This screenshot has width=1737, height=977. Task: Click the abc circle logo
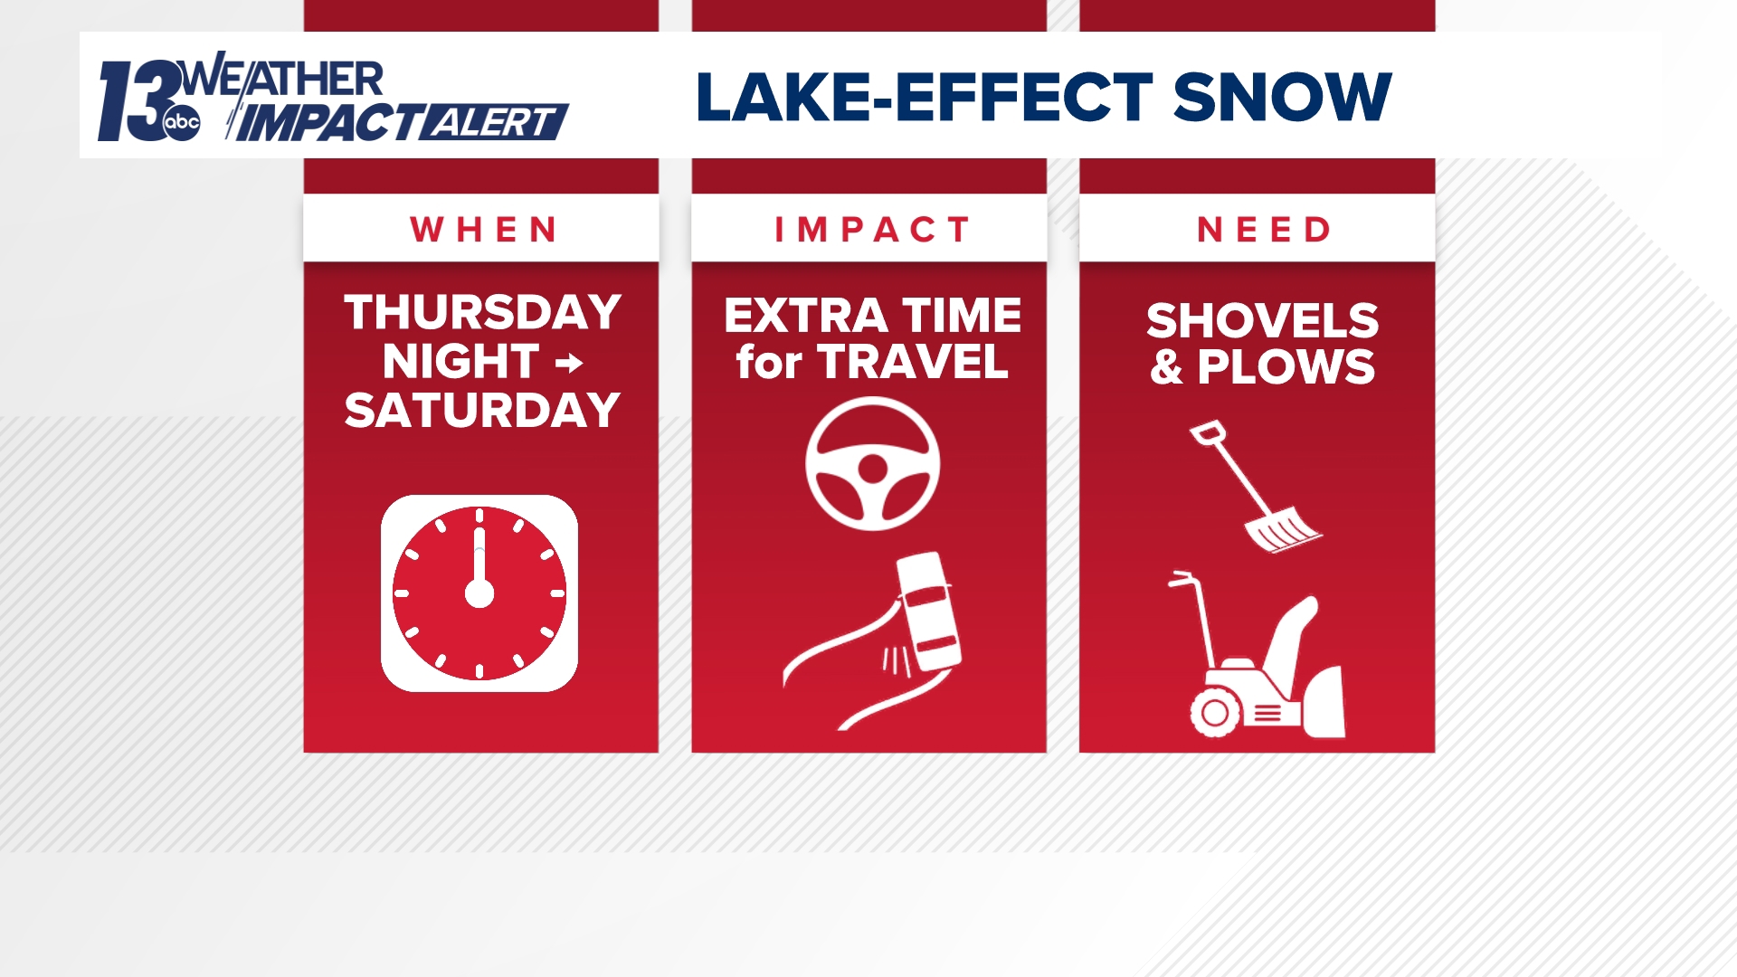click(182, 123)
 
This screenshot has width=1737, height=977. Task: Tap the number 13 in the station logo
click(136, 100)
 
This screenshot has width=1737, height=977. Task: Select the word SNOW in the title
click(1282, 97)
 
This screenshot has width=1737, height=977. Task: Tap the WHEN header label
click(483, 230)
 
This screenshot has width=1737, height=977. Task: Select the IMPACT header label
click(871, 230)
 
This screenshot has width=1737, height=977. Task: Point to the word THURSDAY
click(482, 312)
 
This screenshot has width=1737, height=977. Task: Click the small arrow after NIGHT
click(569, 364)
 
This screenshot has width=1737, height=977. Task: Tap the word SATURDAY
click(482, 411)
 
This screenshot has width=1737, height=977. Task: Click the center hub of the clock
click(479, 593)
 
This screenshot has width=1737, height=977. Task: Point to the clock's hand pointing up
click(479, 554)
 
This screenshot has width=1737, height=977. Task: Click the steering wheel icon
click(872, 463)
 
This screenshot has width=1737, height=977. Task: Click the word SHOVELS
click(1262, 320)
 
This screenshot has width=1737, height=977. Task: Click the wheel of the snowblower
click(1215, 712)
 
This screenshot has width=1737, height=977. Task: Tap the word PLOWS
click(1286, 367)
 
